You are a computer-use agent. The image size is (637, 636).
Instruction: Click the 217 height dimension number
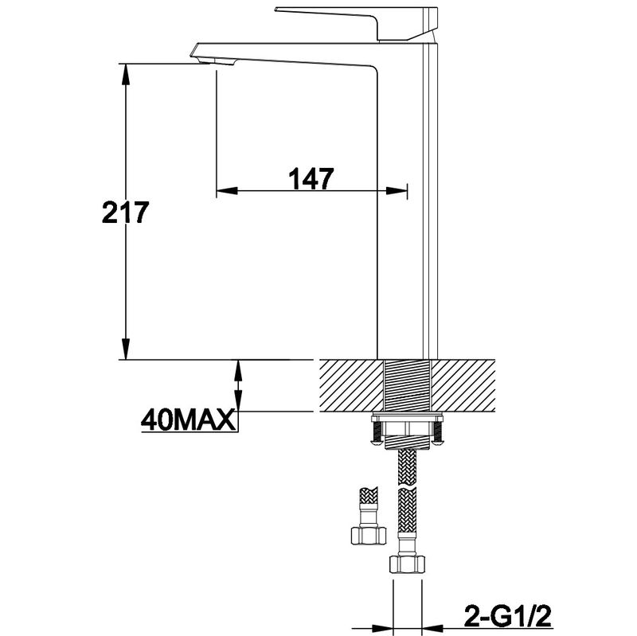pyautogui.click(x=126, y=212)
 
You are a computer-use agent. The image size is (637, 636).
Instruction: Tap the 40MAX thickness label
pyautogui.click(x=188, y=419)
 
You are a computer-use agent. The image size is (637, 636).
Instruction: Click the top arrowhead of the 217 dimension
pyautogui.click(x=127, y=74)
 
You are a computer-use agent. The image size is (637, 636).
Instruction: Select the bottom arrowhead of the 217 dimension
pyautogui.click(x=127, y=349)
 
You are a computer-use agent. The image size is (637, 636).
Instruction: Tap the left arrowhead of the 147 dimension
pyautogui.click(x=227, y=190)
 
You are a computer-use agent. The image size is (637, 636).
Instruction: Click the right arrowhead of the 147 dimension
pyautogui.click(x=396, y=190)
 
